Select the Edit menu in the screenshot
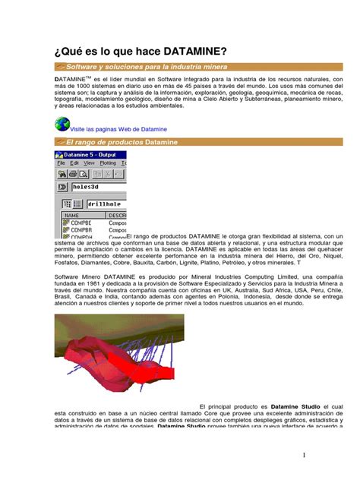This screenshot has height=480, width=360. coord(74,163)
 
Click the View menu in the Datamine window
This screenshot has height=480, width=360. coord(89,163)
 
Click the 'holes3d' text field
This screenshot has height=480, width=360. coord(95,186)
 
